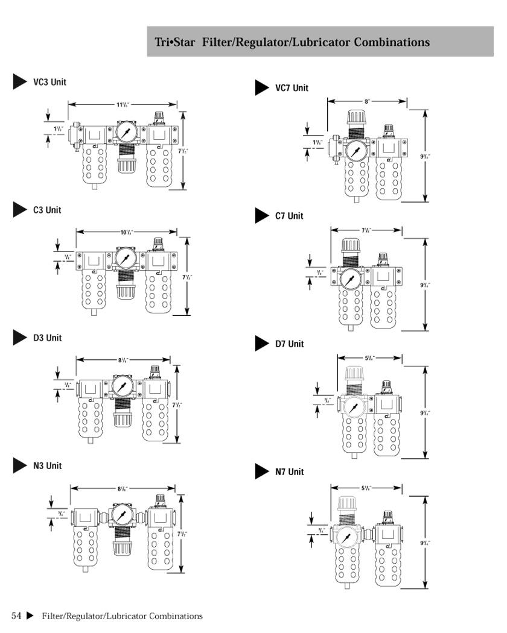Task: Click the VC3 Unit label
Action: [x=49, y=82]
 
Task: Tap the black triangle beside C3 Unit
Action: [x=20, y=210]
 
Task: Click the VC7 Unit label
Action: [x=292, y=88]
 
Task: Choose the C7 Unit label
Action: [x=289, y=216]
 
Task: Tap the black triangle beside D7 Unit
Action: [x=261, y=344]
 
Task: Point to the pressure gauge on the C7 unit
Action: [x=349, y=279]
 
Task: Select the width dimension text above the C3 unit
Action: [x=126, y=232]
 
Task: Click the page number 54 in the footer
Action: [x=16, y=616]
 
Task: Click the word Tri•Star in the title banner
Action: [x=176, y=42]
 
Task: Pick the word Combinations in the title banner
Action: [x=392, y=42]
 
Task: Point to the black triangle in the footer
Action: [x=30, y=616]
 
